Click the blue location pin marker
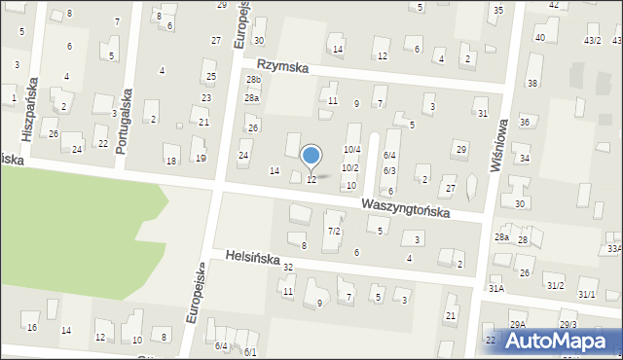point(311,156)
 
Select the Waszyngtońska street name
point(405,207)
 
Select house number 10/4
point(352,149)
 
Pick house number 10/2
point(349,168)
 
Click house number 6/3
point(389,170)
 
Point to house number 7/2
point(334,231)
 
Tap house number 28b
point(254,79)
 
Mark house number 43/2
point(592,40)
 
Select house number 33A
point(614,249)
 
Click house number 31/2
point(555,285)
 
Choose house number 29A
point(517,325)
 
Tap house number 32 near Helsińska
point(288,267)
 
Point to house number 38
point(531,83)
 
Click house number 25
point(210,76)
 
